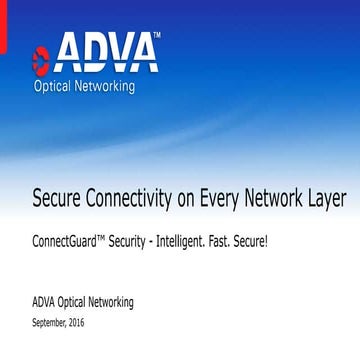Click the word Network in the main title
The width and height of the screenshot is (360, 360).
(288, 198)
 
